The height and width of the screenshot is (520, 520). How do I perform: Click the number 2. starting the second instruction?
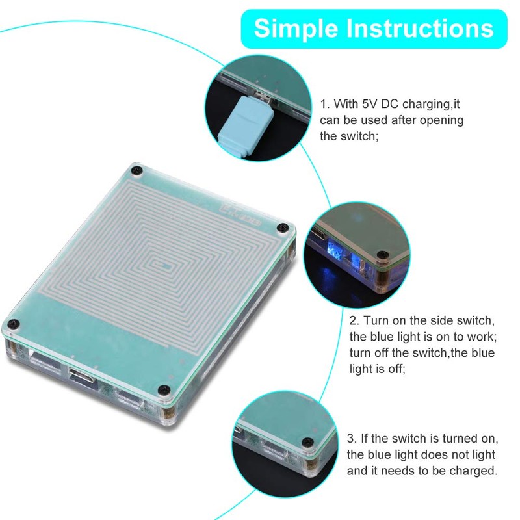(x=354, y=320)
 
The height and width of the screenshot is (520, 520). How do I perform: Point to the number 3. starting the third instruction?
(x=352, y=438)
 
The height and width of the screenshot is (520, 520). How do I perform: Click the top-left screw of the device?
(x=136, y=170)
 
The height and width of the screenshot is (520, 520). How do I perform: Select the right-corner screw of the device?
(x=283, y=227)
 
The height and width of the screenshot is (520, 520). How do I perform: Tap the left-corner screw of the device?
(x=12, y=323)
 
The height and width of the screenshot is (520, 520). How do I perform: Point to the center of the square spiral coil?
(x=164, y=266)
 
